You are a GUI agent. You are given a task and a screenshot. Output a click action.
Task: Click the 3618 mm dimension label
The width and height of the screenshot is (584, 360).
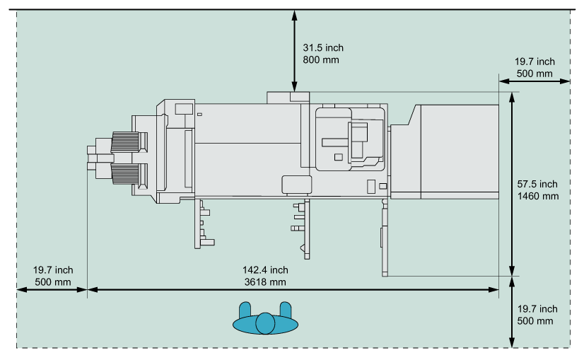click(265, 281)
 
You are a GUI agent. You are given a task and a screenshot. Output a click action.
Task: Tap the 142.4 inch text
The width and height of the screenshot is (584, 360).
click(265, 270)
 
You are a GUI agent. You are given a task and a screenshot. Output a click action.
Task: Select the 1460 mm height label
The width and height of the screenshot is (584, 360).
click(538, 196)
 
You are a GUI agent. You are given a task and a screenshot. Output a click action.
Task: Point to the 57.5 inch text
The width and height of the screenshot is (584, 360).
click(538, 185)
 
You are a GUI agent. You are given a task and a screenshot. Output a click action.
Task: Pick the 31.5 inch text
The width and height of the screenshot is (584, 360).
click(323, 48)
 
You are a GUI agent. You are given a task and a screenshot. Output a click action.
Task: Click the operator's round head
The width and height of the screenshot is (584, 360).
click(265, 323)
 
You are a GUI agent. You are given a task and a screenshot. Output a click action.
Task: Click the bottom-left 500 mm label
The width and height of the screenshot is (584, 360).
click(53, 281)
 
